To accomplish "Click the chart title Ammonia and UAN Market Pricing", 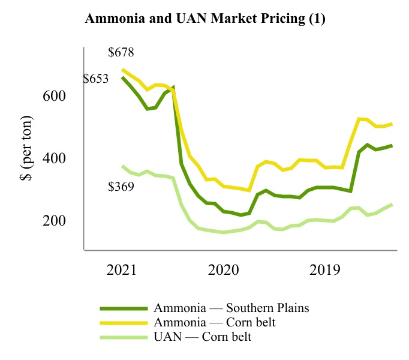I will [205, 19].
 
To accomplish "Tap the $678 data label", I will [121, 52].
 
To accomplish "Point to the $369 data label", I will [121, 187].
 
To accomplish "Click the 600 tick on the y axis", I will [55, 96].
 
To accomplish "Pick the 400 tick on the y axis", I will [55, 158].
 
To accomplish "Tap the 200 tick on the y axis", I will [55, 221].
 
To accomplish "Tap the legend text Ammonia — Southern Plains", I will [231, 308].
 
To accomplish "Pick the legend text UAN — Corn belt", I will [202, 337].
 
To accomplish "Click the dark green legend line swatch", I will [124, 308].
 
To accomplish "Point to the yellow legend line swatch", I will [124, 323].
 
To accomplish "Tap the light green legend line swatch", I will [124, 337].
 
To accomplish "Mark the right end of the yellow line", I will [392, 124].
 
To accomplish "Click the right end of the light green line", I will [392, 205].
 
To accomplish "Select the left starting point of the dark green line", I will [122, 77].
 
